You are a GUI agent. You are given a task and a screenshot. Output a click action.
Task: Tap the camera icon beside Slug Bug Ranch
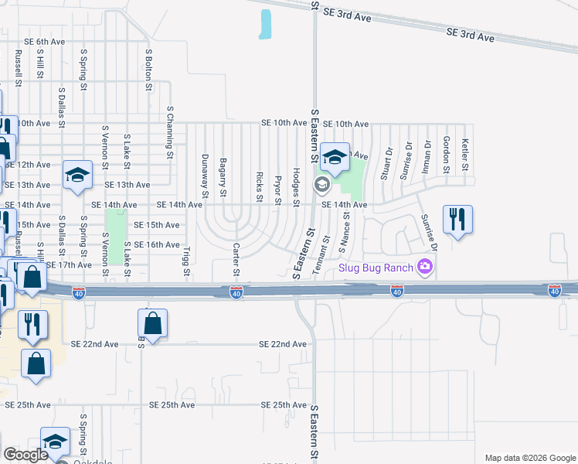[x=424, y=268]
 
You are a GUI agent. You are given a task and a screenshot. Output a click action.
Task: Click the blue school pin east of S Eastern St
[x=335, y=158]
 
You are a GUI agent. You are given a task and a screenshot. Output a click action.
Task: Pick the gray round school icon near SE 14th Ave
[x=321, y=185]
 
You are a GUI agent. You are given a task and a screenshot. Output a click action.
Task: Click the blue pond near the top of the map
[x=266, y=25]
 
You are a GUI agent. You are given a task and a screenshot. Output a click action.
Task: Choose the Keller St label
[x=465, y=154]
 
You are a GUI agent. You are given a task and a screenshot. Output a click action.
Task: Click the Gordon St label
[x=447, y=154]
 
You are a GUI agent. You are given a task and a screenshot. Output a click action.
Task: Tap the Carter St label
[x=236, y=259]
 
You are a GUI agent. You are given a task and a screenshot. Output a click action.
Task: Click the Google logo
[x=25, y=455]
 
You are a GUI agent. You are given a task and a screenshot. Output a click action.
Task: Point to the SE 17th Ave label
[x=69, y=264]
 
